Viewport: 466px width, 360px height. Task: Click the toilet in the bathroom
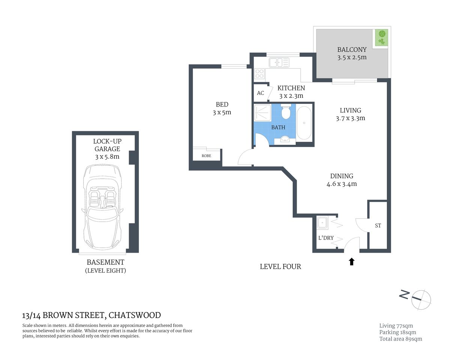point(286,112)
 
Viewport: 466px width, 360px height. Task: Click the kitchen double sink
point(279,62)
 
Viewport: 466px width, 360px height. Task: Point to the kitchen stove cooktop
point(259,73)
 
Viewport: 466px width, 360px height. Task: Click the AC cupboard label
point(260,93)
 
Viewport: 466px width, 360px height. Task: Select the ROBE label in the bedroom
point(206,156)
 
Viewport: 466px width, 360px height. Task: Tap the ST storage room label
point(378,225)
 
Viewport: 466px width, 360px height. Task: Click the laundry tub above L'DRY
point(322,223)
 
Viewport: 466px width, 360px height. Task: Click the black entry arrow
point(352,261)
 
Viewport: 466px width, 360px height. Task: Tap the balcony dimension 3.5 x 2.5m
point(352,58)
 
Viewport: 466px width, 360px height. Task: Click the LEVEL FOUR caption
point(280,267)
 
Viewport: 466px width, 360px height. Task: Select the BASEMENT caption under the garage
point(105,262)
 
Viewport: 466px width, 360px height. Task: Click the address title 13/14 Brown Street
point(92,315)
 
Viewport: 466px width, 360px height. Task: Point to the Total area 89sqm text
point(400,339)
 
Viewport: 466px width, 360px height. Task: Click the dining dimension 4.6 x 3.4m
point(341,184)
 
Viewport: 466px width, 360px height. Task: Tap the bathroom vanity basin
point(285,140)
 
